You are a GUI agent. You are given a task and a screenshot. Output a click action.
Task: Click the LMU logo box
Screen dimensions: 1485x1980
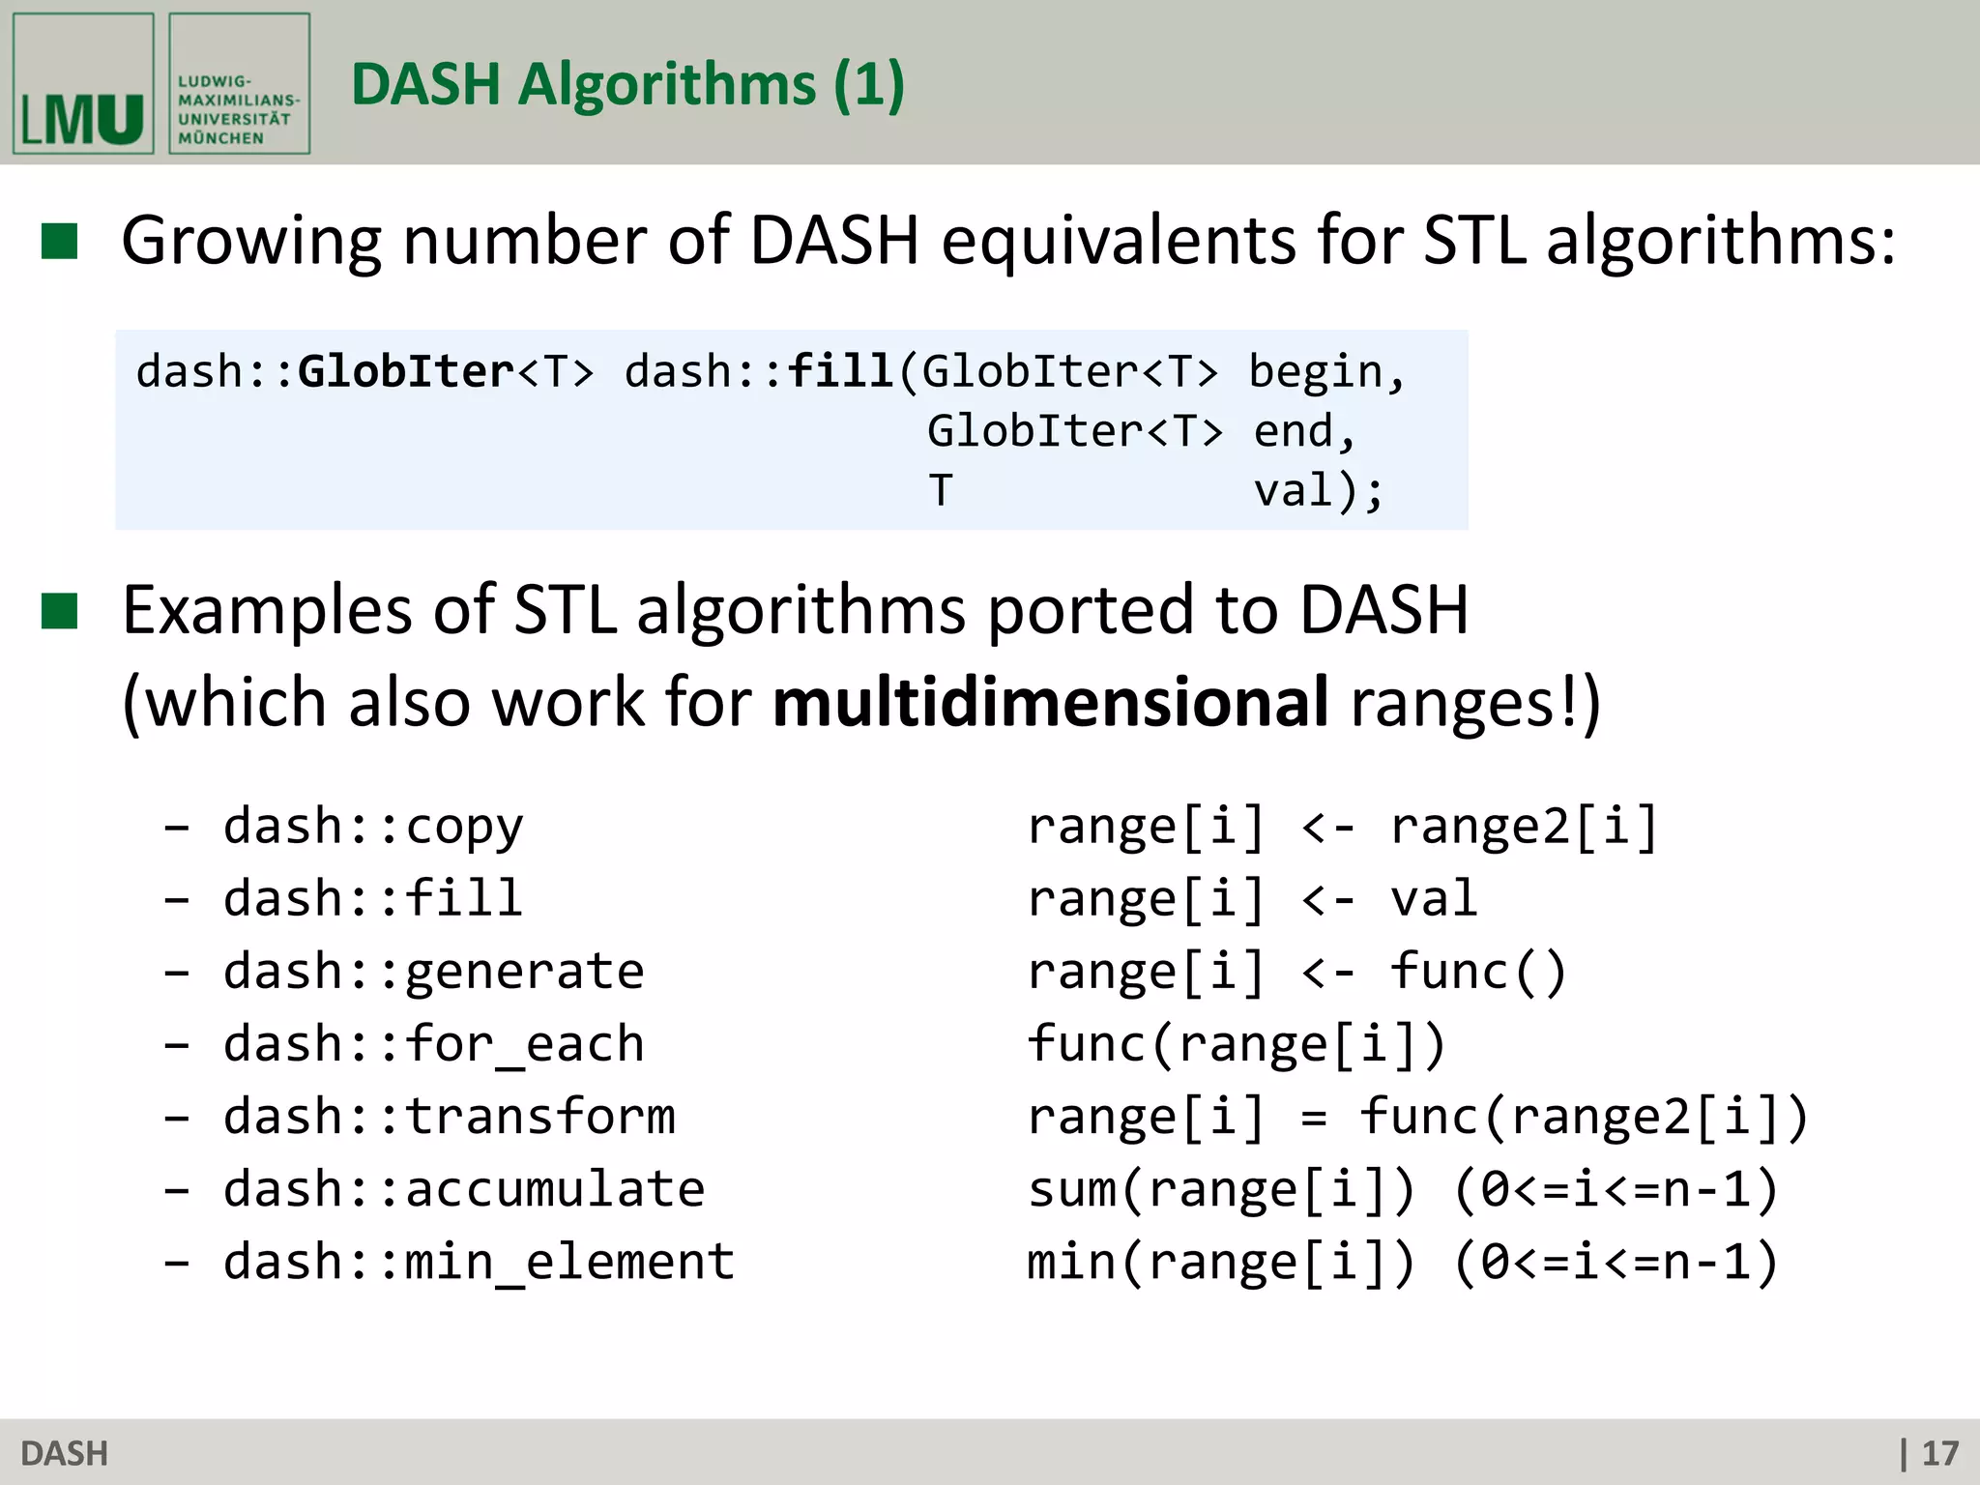tap(83, 84)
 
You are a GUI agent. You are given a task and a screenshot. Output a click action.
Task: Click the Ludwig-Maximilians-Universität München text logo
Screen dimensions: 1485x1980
tap(239, 84)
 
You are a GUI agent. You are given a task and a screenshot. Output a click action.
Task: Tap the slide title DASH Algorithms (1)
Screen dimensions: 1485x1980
tap(627, 84)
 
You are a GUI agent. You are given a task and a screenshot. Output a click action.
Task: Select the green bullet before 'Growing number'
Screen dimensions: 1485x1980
tap(59, 242)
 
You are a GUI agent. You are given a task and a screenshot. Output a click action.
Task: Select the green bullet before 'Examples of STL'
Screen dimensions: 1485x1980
tap(59, 611)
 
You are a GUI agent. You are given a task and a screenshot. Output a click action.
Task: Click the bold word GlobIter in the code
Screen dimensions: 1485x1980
tap(406, 372)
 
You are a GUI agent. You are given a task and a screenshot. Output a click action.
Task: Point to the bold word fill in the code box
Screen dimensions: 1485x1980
tap(840, 372)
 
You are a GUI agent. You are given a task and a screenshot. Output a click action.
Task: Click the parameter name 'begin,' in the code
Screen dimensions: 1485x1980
tap(1326, 372)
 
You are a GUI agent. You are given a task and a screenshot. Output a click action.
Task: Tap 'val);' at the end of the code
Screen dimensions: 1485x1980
tap(1319, 491)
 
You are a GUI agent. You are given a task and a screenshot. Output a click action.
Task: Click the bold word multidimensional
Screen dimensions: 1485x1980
tap(1051, 702)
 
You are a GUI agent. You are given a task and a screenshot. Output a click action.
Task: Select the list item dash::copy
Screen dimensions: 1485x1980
tap(373, 828)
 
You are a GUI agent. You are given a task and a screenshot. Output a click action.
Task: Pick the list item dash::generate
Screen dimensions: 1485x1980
tap(433, 972)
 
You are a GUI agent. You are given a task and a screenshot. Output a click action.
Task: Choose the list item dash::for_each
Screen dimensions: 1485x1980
tap(433, 1045)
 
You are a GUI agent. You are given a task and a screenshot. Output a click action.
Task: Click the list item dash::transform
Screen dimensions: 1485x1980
tap(449, 1117)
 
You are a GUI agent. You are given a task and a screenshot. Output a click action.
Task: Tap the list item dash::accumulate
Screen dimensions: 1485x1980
tap(464, 1189)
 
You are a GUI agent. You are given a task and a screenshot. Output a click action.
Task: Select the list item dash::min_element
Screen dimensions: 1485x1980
tap(479, 1263)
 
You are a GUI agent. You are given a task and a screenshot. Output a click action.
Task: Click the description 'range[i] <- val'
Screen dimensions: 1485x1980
tap(1251, 899)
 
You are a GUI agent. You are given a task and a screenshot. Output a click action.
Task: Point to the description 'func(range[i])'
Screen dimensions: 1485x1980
tap(1236, 1045)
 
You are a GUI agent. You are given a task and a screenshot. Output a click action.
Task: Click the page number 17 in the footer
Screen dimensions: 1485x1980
tap(1939, 1453)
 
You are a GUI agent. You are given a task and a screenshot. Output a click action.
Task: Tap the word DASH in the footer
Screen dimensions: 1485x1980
tap(64, 1453)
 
